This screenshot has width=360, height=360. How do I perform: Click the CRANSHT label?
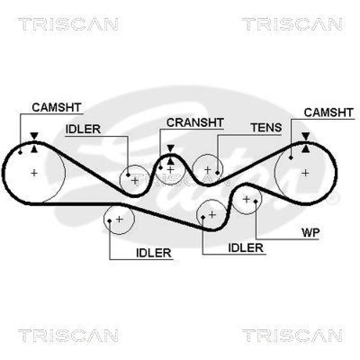(194, 122)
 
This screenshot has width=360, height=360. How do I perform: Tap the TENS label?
(266, 127)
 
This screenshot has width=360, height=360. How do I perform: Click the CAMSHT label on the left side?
(56, 107)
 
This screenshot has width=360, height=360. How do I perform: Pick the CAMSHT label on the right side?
(329, 112)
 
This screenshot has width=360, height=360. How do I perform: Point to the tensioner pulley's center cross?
(207, 170)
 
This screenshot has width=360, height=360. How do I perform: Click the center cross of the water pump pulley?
(247, 198)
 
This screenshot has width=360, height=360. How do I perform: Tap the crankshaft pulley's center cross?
(170, 170)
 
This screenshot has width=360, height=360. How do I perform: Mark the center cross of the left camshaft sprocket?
(34, 172)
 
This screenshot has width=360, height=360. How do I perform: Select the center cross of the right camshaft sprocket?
(306, 172)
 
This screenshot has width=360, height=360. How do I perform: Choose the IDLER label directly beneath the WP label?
(245, 247)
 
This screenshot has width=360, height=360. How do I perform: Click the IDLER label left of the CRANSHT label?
(83, 129)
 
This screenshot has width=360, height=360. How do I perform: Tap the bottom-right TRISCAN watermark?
(292, 335)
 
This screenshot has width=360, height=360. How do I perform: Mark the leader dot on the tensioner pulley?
(217, 172)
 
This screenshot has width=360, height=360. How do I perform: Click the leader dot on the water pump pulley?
(255, 201)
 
